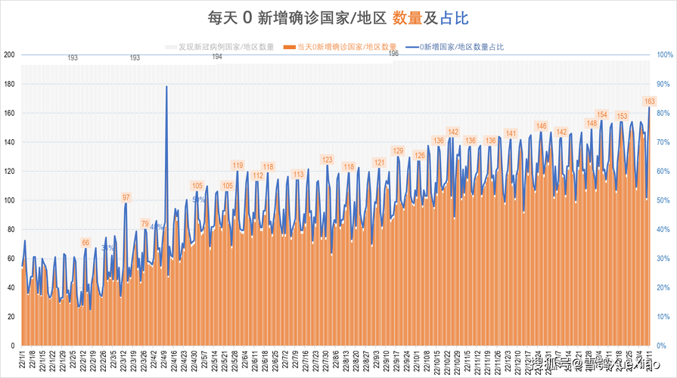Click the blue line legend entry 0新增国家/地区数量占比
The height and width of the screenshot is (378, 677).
click(454, 47)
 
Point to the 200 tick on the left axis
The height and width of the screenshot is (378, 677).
click(9, 55)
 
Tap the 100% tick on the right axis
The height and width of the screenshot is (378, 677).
click(664, 55)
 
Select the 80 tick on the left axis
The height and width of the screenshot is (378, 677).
click(11, 230)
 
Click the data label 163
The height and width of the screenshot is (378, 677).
click(649, 101)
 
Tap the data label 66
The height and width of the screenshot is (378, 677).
click(85, 243)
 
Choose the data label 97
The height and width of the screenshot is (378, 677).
click(126, 197)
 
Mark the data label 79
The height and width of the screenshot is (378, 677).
click(145, 224)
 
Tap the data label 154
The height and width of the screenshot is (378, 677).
click(602, 115)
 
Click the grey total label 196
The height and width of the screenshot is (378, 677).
click(393, 54)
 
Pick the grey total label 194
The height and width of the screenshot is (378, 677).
click(217, 57)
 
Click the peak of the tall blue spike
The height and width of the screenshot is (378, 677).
click(166, 86)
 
